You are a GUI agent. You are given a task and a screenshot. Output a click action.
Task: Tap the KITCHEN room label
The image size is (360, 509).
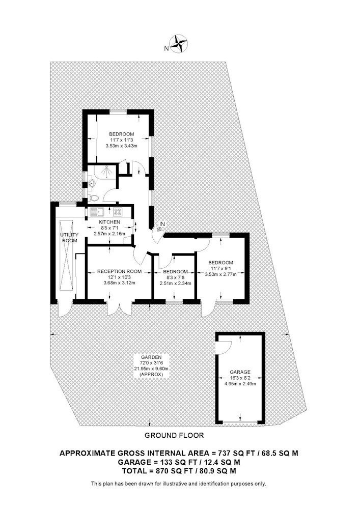(x=109, y=222)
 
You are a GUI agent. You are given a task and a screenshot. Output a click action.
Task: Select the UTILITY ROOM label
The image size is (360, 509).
(x=69, y=238)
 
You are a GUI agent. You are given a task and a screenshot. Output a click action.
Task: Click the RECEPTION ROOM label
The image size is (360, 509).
(x=120, y=271)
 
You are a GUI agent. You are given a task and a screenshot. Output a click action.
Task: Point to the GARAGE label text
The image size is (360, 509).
(x=240, y=372)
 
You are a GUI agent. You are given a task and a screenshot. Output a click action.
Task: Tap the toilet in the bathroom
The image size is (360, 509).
(x=93, y=197)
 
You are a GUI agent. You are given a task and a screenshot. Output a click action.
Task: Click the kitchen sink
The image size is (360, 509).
(x=97, y=212)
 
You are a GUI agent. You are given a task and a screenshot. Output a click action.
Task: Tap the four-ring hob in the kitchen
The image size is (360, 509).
(x=118, y=212)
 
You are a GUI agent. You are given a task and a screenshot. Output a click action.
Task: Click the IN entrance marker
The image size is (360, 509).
(x=162, y=224)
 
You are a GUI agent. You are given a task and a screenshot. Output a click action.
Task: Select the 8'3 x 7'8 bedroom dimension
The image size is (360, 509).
(x=175, y=277)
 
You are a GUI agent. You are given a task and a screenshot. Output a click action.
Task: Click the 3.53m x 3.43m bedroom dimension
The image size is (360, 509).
(x=121, y=146)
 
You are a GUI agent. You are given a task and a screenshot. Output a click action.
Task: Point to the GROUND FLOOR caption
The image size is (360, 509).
(x=174, y=436)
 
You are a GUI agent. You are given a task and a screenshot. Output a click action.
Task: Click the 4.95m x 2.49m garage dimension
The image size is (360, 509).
(x=240, y=384)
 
